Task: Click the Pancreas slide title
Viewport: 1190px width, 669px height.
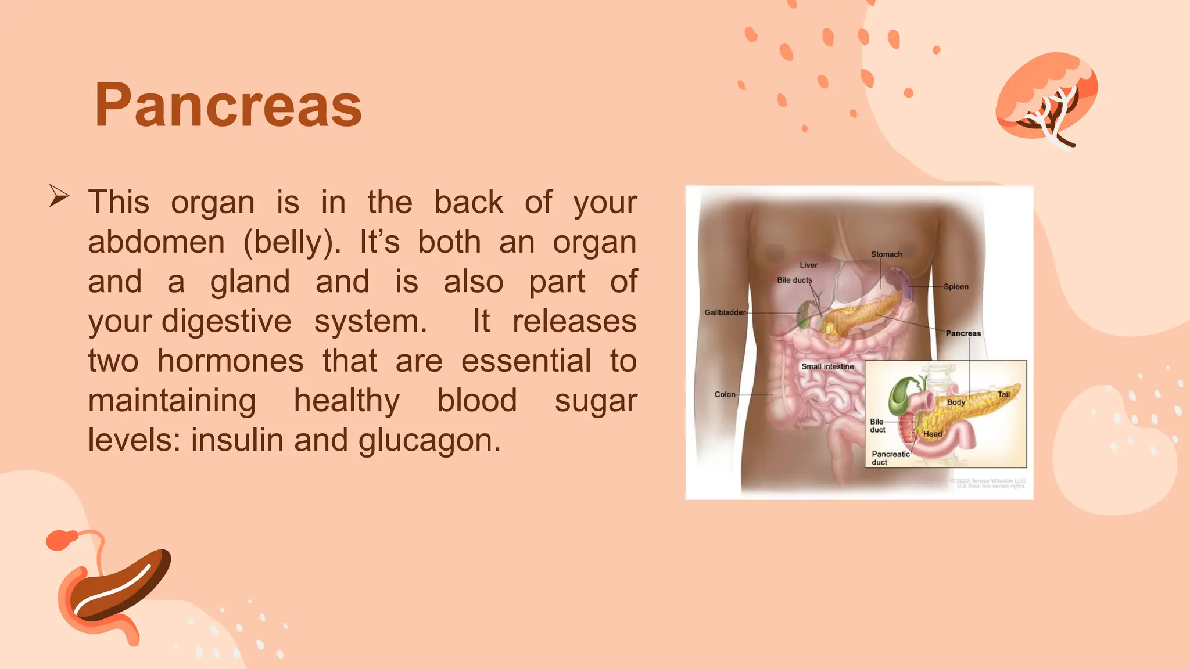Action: click(228, 105)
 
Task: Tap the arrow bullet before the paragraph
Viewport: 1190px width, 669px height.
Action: click(59, 196)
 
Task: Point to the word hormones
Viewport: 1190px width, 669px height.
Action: click(230, 361)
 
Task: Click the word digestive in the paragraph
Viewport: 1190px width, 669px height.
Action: click(227, 321)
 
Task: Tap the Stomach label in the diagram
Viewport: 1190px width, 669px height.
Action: click(886, 254)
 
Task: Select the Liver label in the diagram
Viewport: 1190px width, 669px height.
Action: click(808, 265)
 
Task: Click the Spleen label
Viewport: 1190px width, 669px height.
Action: click(956, 287)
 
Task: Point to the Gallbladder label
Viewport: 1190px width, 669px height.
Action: click(725, 312)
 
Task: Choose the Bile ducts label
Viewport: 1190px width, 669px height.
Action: click(794, 280)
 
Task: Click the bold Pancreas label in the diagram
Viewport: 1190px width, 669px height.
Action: click(963, 333)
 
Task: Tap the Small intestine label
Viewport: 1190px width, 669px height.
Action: click(827, 366)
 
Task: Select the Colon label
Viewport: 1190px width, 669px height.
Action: click(725, 394)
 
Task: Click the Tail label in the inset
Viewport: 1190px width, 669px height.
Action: click(1003, 394)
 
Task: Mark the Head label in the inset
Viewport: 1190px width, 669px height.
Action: click(933, 434)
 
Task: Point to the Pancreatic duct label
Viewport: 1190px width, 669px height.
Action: click(890, 458)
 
